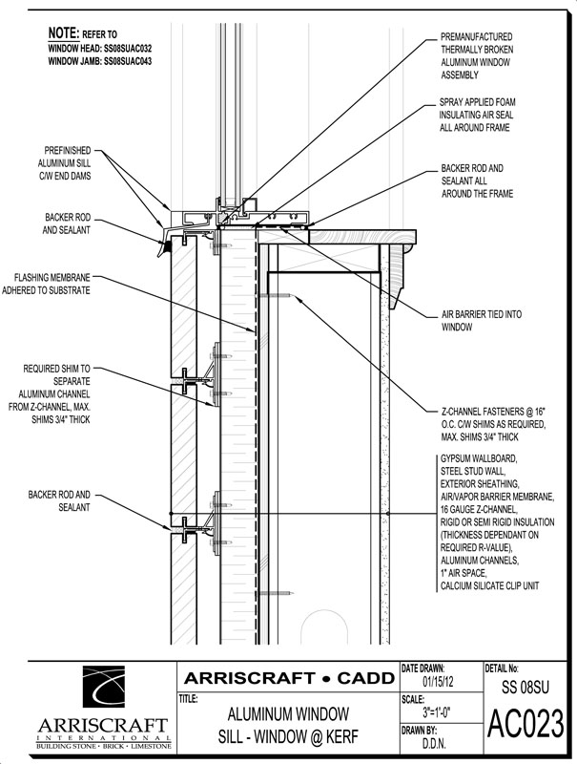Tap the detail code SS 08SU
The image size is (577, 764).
pos(525,687)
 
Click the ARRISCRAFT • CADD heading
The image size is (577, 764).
pos(287,677)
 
